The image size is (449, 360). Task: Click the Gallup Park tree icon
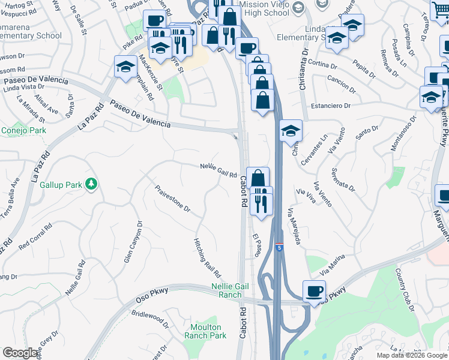pos(91,184)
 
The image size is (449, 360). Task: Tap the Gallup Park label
pos(60,185)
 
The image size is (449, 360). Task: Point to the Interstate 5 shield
pos(280,247)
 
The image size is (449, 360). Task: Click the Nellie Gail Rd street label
pos(218,170)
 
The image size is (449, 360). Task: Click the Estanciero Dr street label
pos(330,106)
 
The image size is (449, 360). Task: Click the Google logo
pos(20,353)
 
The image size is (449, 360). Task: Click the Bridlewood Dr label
pos(149,319)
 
